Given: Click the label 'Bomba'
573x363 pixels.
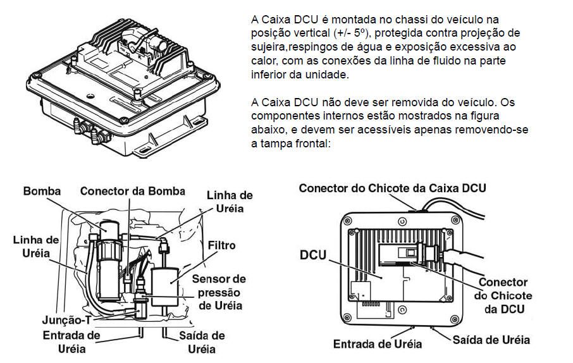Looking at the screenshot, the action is click(x=42, y=191).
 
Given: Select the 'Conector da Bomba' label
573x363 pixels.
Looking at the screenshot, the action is click(x=133, y=191).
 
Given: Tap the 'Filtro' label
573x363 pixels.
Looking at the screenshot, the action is click(x=221, y=245).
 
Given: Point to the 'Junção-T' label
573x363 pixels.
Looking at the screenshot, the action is click(x=66, y=320).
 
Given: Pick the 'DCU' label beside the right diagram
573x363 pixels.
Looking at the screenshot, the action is click(x=313, y=255).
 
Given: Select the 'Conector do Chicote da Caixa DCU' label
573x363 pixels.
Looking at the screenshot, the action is click(x=393, y=188).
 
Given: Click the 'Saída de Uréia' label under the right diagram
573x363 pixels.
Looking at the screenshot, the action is click(x=491, y=340).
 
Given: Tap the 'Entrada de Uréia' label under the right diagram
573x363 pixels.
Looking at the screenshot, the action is click(x=378, y=344).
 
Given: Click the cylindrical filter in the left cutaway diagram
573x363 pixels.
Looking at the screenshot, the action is click(x=165, y=287).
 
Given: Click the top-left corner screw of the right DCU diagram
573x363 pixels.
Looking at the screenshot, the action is click(x=347, y=221).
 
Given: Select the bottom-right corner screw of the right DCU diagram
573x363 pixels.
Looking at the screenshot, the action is click(x=455, y=319).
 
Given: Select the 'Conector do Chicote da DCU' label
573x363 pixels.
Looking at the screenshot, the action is click(x=503, y=295).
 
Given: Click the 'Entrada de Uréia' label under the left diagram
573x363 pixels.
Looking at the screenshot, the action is click(x=71, y=341).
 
